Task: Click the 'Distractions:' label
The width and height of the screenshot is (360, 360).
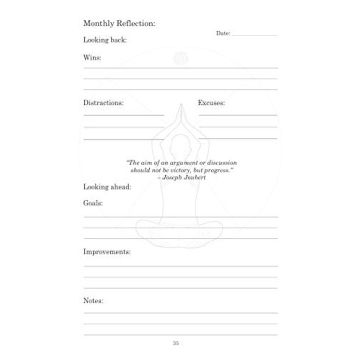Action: pyautogui.click(x=99, y=102)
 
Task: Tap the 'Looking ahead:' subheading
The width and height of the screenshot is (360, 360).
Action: pyautogui.click(x=101, y=185)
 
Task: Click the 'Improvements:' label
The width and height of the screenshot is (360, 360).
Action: pyautogui.click(x=104, y=251)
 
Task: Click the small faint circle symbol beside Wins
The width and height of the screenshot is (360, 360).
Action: pyautogui.click(x=181, y=58)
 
